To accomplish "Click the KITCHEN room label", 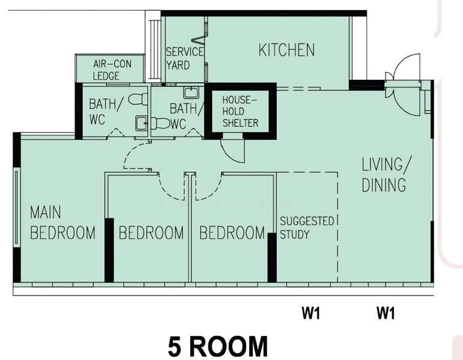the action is point(286,50).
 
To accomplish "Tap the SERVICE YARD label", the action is point(184,58).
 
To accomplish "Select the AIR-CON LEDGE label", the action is point(112,70).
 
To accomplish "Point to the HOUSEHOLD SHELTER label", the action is point(240,111).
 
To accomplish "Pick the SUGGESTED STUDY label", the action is point(307,227).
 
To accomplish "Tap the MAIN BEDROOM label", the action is point(62,223).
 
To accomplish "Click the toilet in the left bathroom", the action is point(138,99).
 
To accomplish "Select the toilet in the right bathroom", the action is point(160,124).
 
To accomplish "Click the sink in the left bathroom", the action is point(141,124).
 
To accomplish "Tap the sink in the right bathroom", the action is point(191,92).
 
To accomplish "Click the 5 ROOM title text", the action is point(218,346).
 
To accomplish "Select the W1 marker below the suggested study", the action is point(310,313).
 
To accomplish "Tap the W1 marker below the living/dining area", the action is point(386,313).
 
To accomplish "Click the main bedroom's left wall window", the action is point(17,208).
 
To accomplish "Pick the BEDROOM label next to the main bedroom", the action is point(151,233).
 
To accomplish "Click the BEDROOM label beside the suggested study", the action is point(232,233).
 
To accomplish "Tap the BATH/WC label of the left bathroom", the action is point(104,112).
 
